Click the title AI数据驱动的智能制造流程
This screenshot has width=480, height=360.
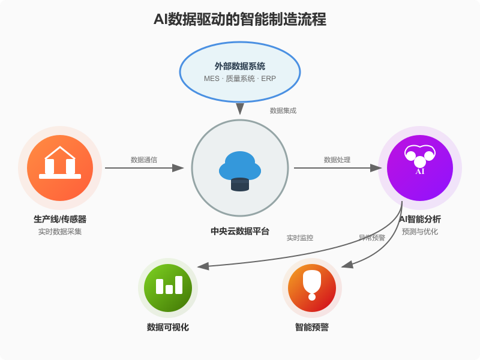click(240, 19)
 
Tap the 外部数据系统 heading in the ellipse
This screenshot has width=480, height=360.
click(240, 66)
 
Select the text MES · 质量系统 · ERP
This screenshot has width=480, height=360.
click(240, 79)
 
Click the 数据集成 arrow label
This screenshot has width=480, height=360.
click(283, 110)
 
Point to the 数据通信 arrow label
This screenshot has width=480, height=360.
click(144, 160)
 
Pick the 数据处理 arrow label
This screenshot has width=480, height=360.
click(337, 160)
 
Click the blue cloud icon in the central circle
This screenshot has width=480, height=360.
click(240, 165)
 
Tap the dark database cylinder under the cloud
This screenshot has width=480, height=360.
click(240, 185)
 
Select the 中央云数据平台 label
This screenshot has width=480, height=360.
click(240, 231)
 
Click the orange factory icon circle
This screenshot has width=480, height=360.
click(60, 168)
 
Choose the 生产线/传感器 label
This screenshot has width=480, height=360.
click(60, 219)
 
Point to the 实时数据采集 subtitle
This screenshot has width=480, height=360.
click(60, 232)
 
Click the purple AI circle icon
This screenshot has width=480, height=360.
click(420, 168)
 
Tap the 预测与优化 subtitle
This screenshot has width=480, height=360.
click(420, 232)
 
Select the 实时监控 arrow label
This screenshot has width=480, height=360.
click(300, 238)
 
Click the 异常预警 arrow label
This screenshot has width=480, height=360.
click(372, 238)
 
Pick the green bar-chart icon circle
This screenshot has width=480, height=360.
click(168, 288)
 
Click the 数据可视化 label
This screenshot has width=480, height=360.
click(168, 327)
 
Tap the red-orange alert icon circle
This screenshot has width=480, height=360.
click(312, 288)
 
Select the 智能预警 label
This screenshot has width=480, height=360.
click(312, 327)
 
